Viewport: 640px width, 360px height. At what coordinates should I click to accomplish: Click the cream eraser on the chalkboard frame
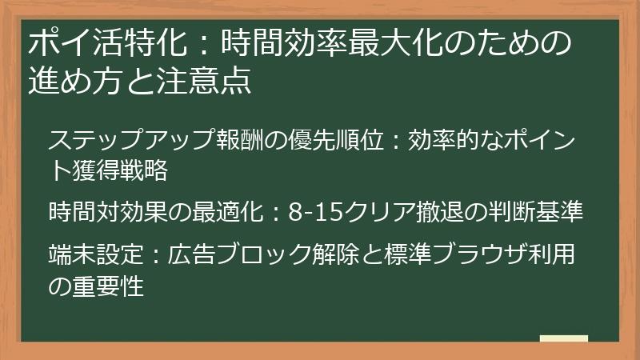point(563,338)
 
